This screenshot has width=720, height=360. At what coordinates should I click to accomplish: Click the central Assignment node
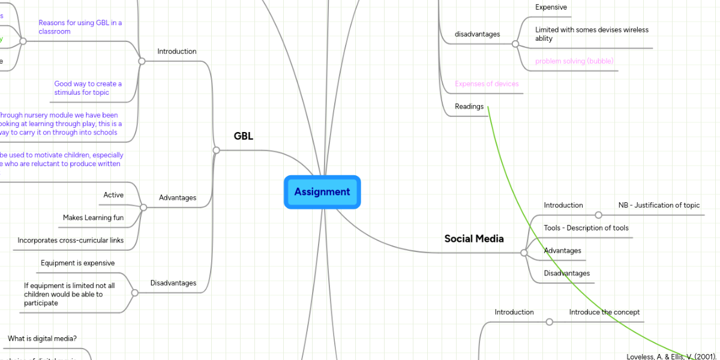click(x=322, y=192)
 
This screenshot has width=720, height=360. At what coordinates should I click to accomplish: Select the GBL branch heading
click(x=243, y=136)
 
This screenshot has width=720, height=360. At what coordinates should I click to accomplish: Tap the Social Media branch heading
click(x=474, y=239)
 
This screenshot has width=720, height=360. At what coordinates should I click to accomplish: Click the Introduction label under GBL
click(x=177, y=52)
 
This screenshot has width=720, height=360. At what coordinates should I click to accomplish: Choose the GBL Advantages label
click(x=178, y=198)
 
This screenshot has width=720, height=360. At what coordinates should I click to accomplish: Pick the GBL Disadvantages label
click(x=173, y=283)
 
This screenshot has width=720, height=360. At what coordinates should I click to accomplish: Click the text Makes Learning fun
click(x=93, y=218)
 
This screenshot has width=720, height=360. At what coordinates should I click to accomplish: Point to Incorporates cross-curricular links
click(x=71, y=241)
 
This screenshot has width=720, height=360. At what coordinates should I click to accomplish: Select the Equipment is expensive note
click(x=77, y=263)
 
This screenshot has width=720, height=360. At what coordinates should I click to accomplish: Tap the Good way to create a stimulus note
click(x=88, y=88)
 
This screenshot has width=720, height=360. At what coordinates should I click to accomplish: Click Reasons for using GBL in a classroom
click(x=80, y=27)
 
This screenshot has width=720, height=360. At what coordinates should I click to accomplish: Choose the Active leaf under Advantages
click(x=113, y=195)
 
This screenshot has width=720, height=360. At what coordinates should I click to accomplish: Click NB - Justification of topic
click(x=659, y=205)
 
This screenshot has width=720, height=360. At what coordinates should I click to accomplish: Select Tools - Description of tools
click(x=586, y=228)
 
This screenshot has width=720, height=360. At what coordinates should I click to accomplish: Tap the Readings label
click(x=469, y=107)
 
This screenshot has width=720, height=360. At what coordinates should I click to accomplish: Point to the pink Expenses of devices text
click(x=487, y=84)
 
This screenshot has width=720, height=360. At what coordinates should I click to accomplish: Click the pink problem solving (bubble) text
click(x=574, y=61)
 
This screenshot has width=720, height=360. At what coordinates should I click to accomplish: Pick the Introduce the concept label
click(x=604, y=313)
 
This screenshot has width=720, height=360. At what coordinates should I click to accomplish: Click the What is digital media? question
click(x=42, y=339)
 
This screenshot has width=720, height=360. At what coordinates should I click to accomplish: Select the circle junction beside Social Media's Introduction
click(x=598, y=215)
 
